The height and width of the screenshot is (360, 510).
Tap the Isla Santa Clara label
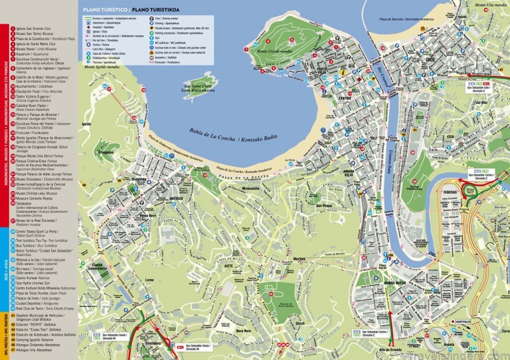tap(197, 88)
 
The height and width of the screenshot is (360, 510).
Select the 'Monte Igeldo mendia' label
tap(103, 66)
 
